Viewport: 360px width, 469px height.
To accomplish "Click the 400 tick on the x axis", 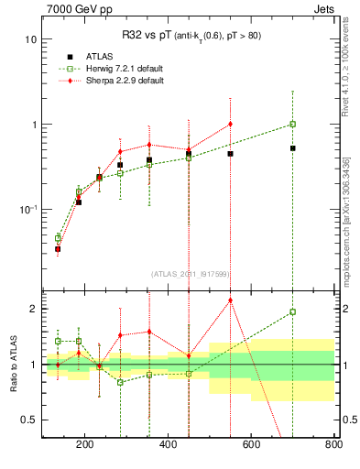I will click(168, 445).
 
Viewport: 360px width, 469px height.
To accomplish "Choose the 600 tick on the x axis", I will click(251, 445).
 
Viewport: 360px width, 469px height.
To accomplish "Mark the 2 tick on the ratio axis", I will click(33, 309).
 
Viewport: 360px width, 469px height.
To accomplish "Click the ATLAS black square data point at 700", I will click(292, 147).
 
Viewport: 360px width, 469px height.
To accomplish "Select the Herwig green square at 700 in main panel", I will click(292, 124).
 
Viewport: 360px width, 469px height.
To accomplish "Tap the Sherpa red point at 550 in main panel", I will click(230, 124).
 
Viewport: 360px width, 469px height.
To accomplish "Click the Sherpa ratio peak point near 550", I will click(230, 300).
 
